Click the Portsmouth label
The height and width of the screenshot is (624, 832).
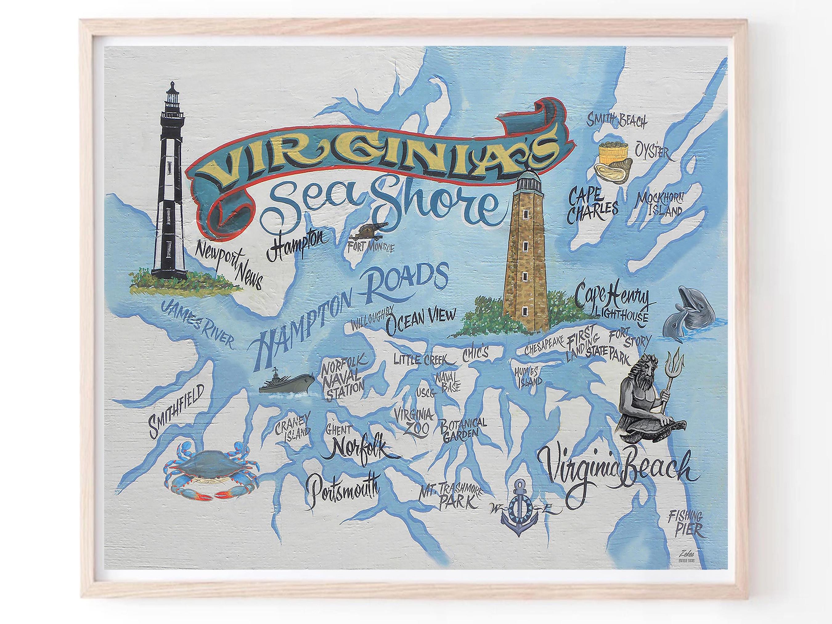point(342,496)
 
